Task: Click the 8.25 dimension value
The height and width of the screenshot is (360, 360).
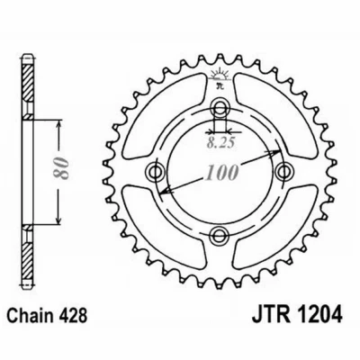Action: (220, 144)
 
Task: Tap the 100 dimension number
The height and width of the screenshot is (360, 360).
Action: (222, 173)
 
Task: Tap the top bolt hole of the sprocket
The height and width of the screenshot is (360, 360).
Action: (220, 107)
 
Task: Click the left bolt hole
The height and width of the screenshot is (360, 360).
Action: (156, 172)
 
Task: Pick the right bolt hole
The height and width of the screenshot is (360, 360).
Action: (284, 171)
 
